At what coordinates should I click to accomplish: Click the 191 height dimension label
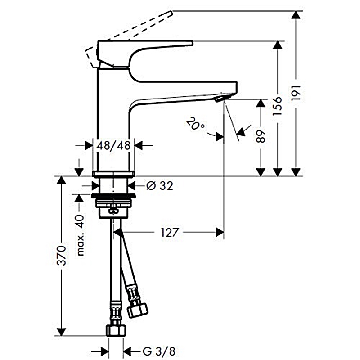(x=296, y=92)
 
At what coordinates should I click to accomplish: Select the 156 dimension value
(x=278, y=106)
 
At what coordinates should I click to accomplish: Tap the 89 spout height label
(x=261, y=136)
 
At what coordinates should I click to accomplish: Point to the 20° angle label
(x=195, y=124)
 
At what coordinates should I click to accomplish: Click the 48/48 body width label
(x=113, y=145)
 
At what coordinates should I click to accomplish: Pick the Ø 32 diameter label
(x=160, y=185)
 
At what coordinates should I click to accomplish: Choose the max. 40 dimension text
(x=80, y=235)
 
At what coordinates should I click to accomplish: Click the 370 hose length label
(x=62, y=255)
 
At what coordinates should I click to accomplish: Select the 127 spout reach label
(x=169, y=232)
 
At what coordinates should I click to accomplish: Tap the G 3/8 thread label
(x=159, y=351)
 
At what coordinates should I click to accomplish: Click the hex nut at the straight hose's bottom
(x=116, y=331)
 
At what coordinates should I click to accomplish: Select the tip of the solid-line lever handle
(x=192, y=43)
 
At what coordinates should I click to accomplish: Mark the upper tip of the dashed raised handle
(x=171, y=13)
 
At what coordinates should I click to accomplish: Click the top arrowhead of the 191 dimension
(x=296, y=15)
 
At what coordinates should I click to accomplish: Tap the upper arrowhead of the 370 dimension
(x=61, y=180)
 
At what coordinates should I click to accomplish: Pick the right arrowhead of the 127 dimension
(x=220, y=232)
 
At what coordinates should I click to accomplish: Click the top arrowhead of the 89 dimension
(x=261, y=103)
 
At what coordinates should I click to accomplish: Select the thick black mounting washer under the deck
(x=113, y=196)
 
